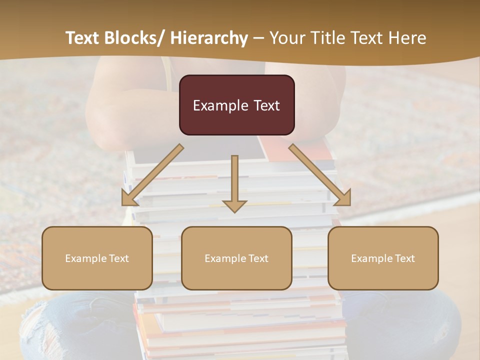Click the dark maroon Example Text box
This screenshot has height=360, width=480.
(x=236, y=105)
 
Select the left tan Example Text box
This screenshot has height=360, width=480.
(x=97, y=258)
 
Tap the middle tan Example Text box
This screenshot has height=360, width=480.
(x=236, y=258)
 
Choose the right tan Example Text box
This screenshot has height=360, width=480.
(x=383, y=258)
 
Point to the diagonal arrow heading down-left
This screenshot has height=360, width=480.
(x=152, y=175)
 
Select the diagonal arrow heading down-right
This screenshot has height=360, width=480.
(x=320, y=175)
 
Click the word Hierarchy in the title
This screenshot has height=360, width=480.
(x=209, y=38)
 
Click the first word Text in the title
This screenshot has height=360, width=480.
(x=81, y=38)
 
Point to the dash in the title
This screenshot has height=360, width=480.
(x=258, y=38)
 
